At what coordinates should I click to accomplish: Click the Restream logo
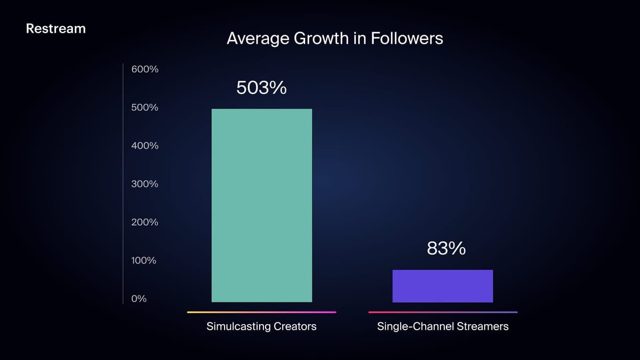[x=55, y=29]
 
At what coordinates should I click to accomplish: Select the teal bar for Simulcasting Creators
[x=262, y=205]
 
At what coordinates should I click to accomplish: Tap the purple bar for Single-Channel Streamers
[x=443, y=286]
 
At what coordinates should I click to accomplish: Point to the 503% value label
[x=261, y=87]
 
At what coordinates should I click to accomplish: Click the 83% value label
[x=446, y=248]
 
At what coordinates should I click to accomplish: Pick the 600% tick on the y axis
[x=145, y=69]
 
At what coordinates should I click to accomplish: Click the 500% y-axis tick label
[x=145, y=107]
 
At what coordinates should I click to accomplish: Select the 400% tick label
[x=145, y=146]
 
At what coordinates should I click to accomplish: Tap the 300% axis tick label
[x=145, y=183]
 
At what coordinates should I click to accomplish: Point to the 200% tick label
[x=145, y=222]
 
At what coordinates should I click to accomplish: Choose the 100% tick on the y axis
[x=143, y=260]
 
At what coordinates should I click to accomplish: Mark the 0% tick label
[x=139, y=299]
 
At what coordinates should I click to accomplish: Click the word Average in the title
[x=258, y=39]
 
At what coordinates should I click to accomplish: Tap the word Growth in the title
[x=321, y=38]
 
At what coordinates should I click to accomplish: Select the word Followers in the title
[x=407, y=38]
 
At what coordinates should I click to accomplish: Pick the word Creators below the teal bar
[x=295, y=326]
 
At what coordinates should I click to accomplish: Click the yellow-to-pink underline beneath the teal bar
[x=262, y=313]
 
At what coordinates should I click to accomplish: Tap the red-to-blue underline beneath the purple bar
[x=443, y=313]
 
